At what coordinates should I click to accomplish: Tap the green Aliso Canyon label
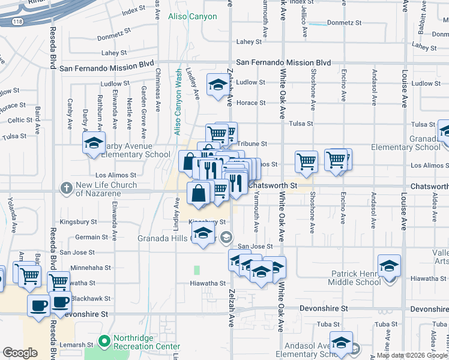pos(192,16)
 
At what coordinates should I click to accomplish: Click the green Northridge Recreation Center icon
pos(105,340)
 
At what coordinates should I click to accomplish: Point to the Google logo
pos(20,353)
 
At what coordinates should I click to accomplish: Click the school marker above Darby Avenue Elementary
pos(94,143)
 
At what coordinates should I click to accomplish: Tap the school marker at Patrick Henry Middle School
pos(389,265)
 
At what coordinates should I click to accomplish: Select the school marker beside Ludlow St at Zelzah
pos(217,85)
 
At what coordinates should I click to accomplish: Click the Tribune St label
pos(252,144)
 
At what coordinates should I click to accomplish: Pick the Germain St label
pos(92,237)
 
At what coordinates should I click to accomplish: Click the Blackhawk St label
pos(88,298)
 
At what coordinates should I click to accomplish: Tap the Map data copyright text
pos(412,355)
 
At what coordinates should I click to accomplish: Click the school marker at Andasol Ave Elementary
pos(341,342)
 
